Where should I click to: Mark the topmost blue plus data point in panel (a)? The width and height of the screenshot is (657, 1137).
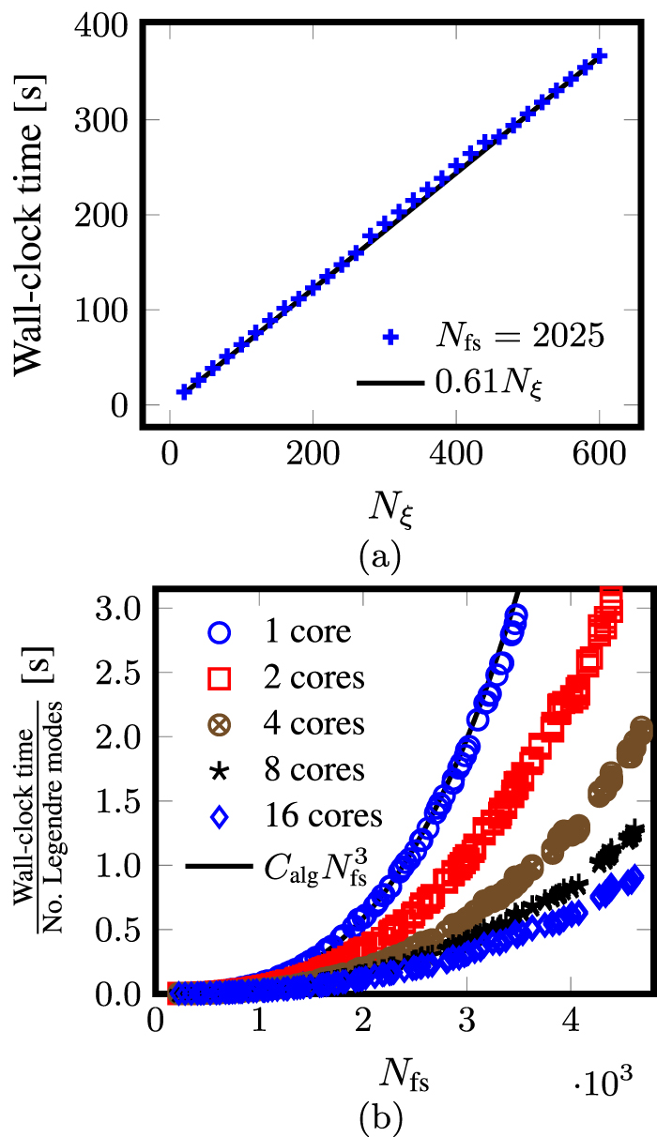pyautogui.click(x=600, y=56)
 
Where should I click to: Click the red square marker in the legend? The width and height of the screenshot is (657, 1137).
pyautogui.click(x=218, y=677)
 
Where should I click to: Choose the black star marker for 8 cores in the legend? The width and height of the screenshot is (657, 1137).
pyautogui.click(x=218, y=770)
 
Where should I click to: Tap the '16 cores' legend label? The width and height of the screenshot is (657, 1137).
pyautogui.click(x=323, y=816)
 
